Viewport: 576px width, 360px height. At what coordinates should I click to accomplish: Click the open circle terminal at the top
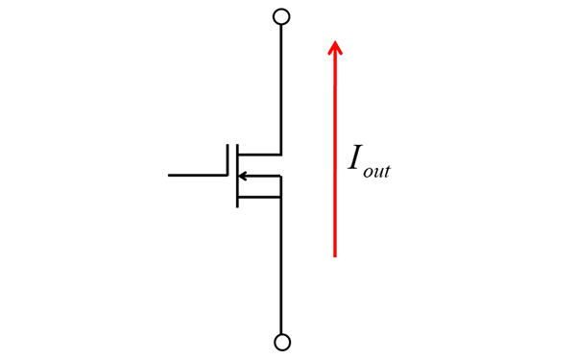(281, 16)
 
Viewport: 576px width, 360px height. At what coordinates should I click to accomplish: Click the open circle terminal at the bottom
(281, 342)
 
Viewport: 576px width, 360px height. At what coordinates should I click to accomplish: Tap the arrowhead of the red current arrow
(334, 46)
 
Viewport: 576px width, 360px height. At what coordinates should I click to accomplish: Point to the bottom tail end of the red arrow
(334, 255)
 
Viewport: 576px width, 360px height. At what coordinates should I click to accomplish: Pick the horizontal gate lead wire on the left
(197, 176)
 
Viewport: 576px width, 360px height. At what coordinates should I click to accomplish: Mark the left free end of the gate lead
(169, 176)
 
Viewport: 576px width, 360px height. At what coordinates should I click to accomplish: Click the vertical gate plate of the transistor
(228, 176)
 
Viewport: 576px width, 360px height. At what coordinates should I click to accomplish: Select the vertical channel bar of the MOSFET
(237, 176)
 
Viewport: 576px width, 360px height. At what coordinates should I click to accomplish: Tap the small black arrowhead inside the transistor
(243, 176)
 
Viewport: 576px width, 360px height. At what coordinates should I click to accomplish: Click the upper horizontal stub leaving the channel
(259, 154)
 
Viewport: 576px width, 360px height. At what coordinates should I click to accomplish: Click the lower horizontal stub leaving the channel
(259, 197)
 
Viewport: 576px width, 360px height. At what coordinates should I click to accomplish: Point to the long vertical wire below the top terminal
(281, 86)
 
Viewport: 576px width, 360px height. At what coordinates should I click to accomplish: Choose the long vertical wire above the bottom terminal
(281, 269)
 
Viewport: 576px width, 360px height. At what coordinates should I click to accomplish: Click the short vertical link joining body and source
(281, 186)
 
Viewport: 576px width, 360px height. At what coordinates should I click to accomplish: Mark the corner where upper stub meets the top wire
(281, 154)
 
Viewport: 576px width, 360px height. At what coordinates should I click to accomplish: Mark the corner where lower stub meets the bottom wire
(281, 197)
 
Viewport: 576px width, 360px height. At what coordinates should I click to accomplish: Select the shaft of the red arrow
(334, 154)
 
